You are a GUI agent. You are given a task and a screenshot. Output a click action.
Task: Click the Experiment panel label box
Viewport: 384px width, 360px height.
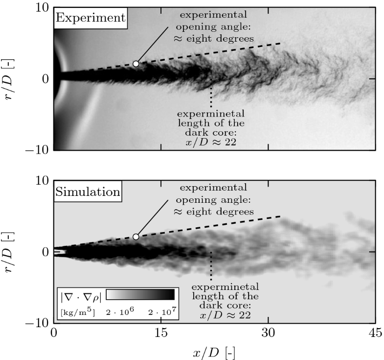(90, 19)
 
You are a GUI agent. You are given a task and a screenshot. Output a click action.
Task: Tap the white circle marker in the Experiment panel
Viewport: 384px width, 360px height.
(136, 64)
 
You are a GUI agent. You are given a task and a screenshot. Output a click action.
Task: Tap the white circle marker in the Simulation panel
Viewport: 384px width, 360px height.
(136, 237)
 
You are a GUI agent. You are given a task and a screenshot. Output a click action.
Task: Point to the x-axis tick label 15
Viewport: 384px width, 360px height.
(161, 334)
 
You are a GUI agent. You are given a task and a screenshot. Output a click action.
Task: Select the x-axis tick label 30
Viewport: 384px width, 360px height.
(268, 334)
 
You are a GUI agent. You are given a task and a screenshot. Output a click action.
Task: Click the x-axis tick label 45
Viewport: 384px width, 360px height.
(375, 334)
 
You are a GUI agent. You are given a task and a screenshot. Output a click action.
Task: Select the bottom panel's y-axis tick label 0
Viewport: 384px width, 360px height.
(45, 252)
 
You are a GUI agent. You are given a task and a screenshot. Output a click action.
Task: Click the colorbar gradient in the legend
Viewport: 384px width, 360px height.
(140, 294)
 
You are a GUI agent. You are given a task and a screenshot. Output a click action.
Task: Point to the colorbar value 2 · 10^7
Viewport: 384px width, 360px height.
(161, 311)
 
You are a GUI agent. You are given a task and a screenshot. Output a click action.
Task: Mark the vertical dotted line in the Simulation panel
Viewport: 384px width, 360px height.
(211, 267)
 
